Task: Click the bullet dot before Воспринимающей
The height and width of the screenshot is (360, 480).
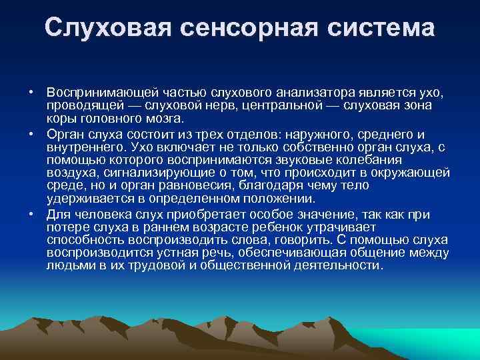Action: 31,90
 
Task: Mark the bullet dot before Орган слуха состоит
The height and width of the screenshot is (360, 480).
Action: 31,133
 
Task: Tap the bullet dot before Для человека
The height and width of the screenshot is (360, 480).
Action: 31,214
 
